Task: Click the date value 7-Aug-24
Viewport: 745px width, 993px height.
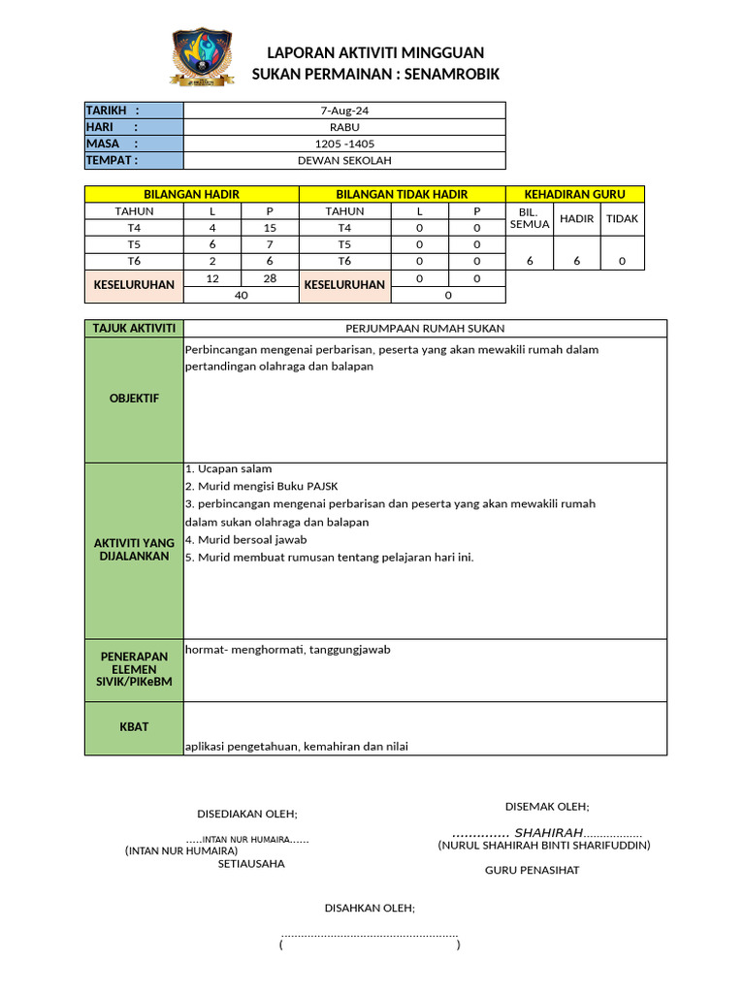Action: click(344, 111)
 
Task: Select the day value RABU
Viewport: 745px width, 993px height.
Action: click(344, 127)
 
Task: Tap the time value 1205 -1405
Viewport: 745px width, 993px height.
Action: click(344, 144)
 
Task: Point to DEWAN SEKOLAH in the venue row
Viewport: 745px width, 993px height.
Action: click(344, 160)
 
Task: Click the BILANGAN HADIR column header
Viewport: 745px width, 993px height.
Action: click(191, 195)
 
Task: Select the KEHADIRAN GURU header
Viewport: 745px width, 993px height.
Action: click(574, 195)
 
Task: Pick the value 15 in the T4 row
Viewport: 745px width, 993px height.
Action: click(271, 228)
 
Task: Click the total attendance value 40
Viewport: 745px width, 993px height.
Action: click(242, 295)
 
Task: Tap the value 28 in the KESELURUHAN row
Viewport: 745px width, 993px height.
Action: click(271, 278)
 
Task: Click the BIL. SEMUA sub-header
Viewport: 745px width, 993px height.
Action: click(529, 218)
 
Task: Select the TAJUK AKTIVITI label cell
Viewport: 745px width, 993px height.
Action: click(134, 329)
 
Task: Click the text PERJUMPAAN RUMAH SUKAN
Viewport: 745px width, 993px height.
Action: click(425, 329)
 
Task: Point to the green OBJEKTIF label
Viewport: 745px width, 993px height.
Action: click(134, 399)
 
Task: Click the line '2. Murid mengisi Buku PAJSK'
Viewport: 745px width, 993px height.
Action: click(261, 486)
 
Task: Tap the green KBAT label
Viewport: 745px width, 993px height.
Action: click(134, 726)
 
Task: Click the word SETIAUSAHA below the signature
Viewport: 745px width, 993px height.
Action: click(251, 863)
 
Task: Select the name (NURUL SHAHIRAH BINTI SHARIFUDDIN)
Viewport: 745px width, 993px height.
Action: click(543, 846)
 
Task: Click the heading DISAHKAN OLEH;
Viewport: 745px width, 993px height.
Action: click(369, 908)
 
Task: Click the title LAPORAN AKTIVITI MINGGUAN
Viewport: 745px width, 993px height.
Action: click(375, 52)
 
